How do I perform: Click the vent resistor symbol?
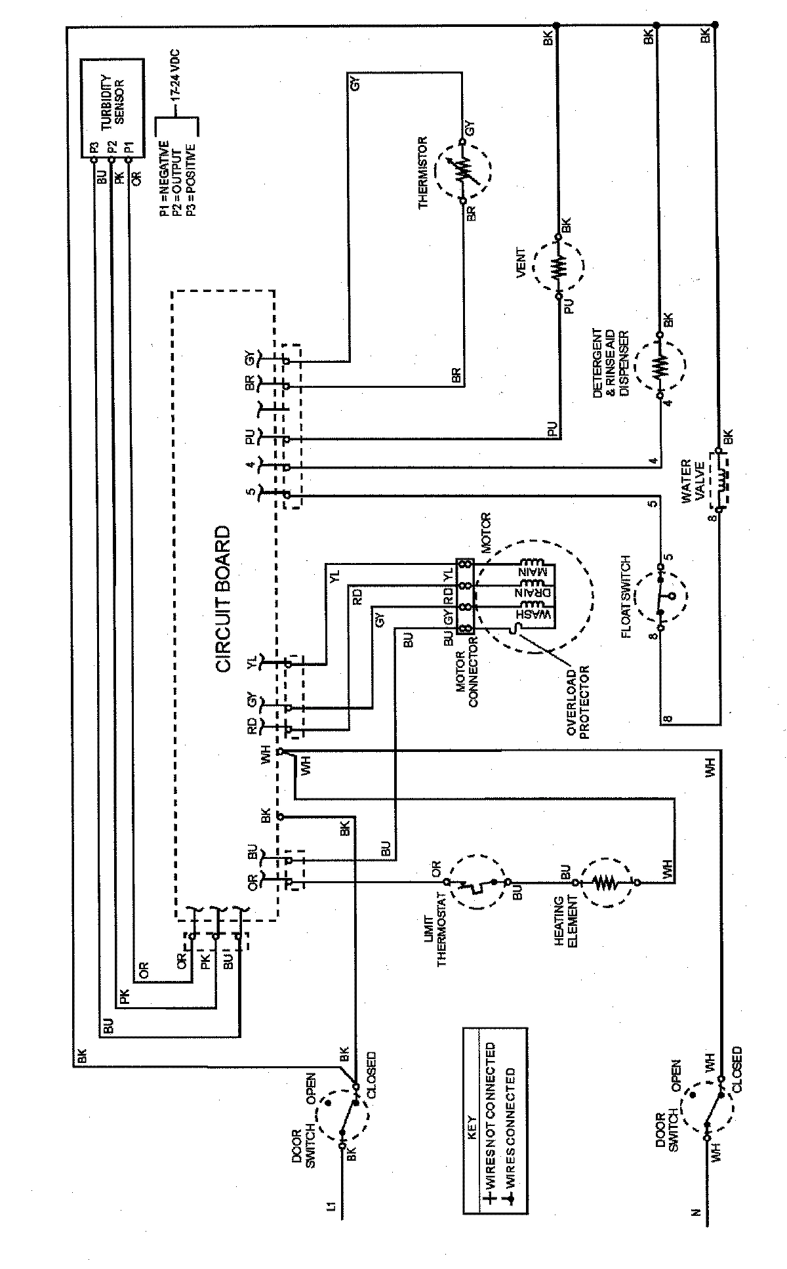point(559,268)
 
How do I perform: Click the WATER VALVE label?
point(693,482)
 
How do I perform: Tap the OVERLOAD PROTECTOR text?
point(577,703)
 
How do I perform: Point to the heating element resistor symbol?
point(607,883)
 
